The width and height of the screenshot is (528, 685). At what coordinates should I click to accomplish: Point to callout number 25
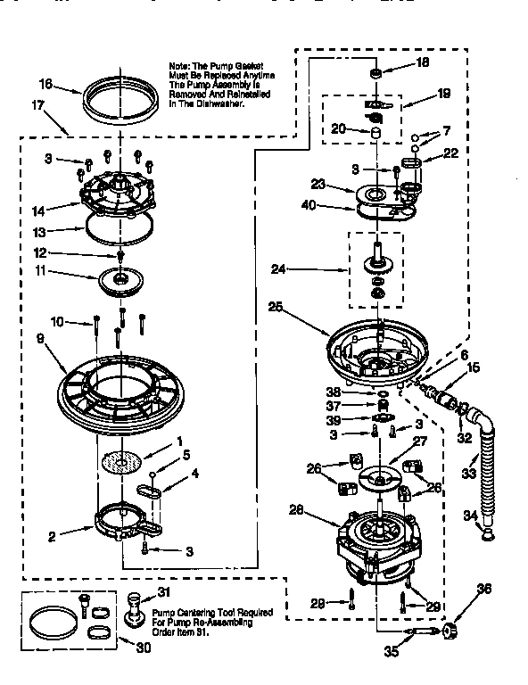point(276,307)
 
